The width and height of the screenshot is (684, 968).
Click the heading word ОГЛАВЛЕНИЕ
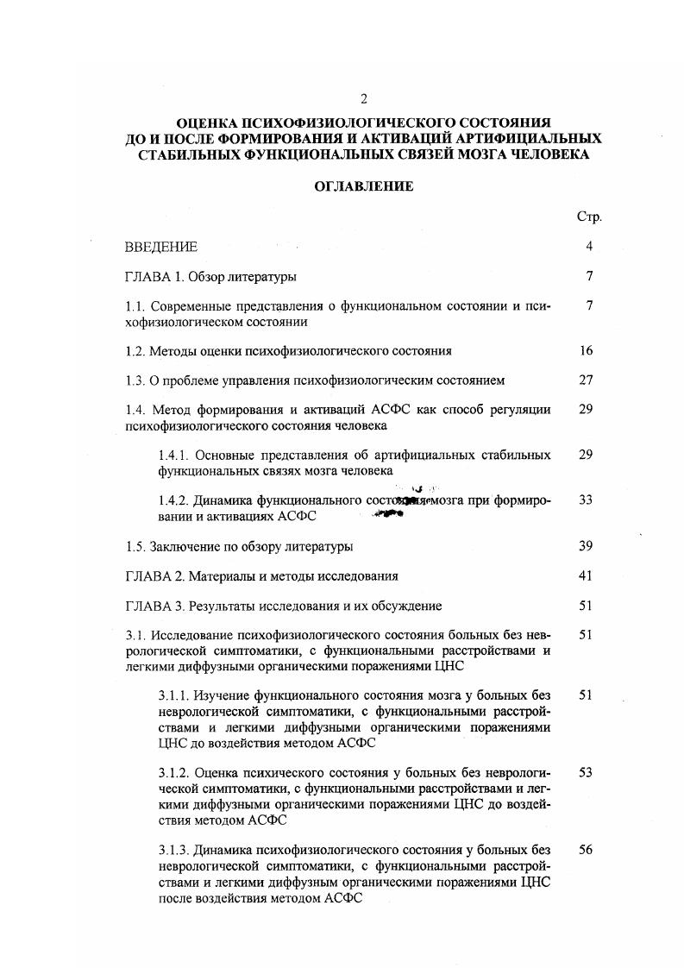(363, 186)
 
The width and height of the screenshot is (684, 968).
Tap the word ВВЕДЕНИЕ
(161, 248)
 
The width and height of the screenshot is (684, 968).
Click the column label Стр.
(588, 217)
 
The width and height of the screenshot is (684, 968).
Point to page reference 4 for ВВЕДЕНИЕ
(588, 247)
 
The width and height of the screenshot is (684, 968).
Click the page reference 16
(587, 351)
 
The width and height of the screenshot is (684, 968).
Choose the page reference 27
(587, 380)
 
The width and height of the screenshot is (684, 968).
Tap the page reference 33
(587, 500)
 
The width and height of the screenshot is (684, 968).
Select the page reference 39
(587, 547)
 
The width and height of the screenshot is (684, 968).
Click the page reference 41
(587, 575)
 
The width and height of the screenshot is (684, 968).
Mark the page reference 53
(587, 773)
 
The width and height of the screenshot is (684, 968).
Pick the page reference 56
(587, 850)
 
